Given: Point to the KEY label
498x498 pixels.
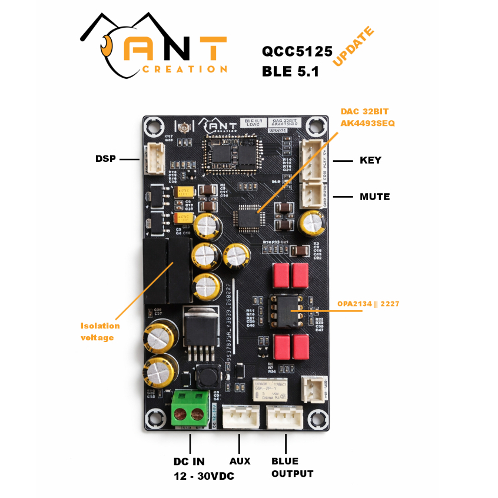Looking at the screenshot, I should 370,160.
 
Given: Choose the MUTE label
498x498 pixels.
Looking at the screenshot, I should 374,197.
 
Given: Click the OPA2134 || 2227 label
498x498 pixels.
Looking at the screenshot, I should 368,304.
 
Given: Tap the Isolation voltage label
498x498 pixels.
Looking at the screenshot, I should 100,331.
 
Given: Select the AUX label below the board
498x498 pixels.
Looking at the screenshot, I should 240,461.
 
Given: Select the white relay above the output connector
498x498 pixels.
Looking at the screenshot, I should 273,390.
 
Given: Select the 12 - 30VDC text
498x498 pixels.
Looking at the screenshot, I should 204,476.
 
